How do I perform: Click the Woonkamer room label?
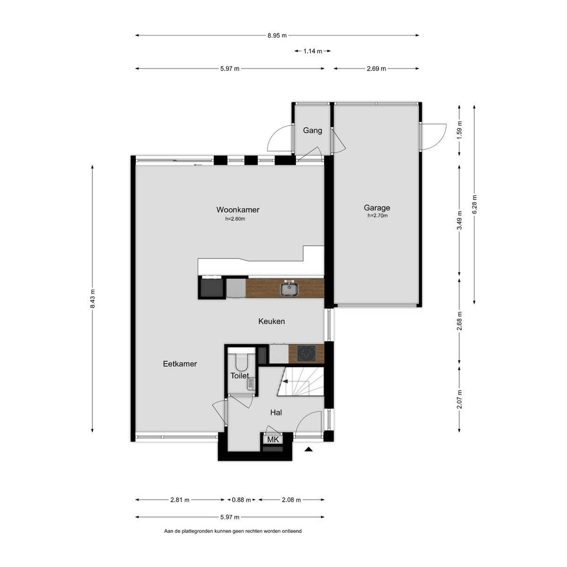238,210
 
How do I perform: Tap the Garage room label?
377,208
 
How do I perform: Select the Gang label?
312,130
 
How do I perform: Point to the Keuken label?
271,321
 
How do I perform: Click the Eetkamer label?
180,364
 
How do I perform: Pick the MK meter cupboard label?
273,439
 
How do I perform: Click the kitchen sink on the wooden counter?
289,288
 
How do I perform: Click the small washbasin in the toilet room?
251,384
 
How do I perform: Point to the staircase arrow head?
285,381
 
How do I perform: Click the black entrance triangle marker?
308,449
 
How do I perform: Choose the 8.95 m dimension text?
276,35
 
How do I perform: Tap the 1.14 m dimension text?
312,51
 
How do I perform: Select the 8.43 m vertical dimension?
93,299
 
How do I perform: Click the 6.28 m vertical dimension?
474,205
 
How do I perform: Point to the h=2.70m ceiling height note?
377,215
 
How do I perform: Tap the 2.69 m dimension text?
376,69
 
